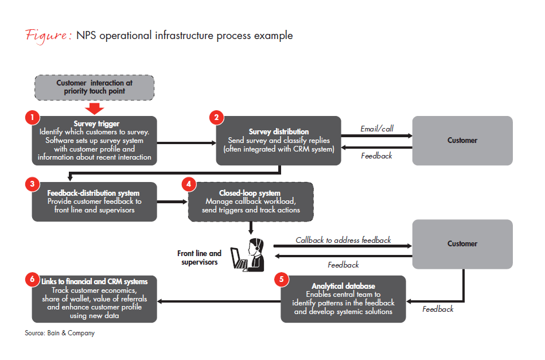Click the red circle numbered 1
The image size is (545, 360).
32,117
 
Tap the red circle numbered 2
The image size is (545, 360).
217,118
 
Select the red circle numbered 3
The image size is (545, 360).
32,184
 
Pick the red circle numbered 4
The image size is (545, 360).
189,184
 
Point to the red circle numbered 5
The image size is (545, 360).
281,280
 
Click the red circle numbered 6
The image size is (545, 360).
32,280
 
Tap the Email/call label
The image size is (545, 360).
376,129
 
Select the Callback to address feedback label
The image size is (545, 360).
343,240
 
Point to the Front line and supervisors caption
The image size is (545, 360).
199,258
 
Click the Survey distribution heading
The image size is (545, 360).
279,131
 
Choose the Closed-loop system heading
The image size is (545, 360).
251,193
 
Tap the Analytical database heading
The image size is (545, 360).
343,286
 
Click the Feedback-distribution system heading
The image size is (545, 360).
94,193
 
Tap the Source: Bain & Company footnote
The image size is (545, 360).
60,333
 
